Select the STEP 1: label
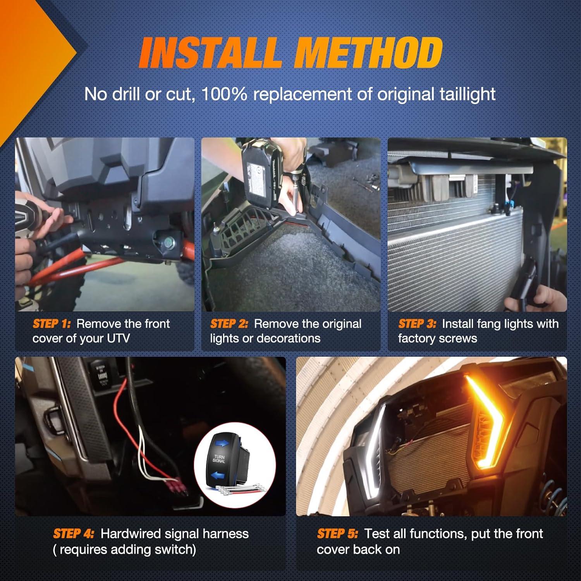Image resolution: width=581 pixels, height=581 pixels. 52,324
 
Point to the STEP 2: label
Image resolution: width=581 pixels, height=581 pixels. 229,324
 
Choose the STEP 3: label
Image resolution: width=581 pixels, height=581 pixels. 417,324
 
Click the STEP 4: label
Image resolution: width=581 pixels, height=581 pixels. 74,534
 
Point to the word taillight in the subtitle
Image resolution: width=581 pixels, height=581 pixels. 469,94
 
